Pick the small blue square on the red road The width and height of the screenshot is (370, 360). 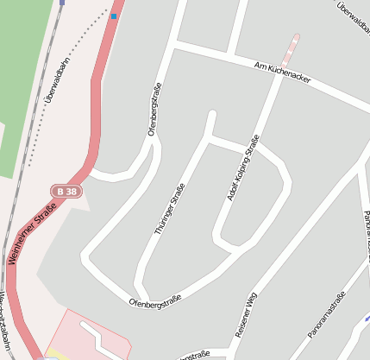[114, 16]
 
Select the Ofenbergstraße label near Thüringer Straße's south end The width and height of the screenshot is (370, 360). [154, 301]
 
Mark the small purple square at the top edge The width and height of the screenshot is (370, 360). [62, 3]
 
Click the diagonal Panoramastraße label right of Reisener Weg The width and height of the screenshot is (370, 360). [326, 315]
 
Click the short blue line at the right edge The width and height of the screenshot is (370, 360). [367, 318]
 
